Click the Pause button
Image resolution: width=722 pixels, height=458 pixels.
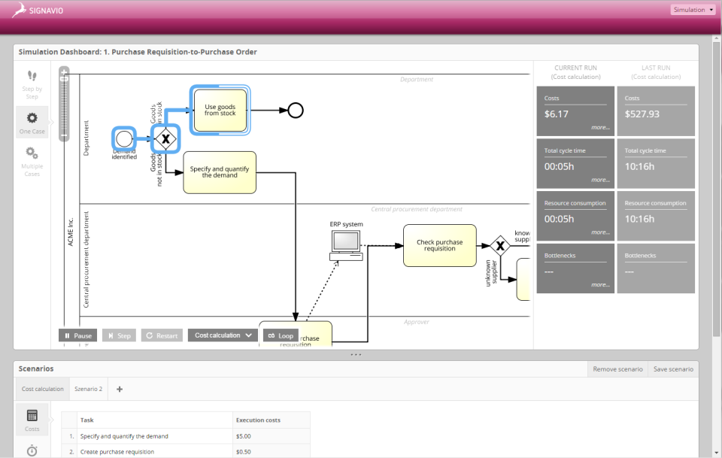point(77,335)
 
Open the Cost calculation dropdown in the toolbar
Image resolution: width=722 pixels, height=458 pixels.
point(223,335)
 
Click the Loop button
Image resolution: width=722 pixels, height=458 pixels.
point(281,335)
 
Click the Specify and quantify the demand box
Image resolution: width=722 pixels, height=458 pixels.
point(220,172)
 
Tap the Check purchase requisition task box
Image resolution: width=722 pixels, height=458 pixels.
point(439,245)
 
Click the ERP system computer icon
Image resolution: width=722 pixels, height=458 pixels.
point(346,244)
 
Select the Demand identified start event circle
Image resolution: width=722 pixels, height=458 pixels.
point(124,138)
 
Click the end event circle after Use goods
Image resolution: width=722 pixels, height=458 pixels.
point(296,111)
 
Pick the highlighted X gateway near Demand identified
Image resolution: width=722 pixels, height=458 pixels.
point(164,139)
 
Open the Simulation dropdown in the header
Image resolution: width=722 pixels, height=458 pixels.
point(692,10)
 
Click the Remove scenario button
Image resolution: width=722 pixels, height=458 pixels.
point(617,369)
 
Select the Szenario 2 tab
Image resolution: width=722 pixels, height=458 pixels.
point(88,389)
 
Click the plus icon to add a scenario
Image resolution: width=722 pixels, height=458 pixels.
point(120,389)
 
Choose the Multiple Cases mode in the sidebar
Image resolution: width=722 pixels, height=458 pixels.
point(32,159)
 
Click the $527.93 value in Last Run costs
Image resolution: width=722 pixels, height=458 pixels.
point(642,114)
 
